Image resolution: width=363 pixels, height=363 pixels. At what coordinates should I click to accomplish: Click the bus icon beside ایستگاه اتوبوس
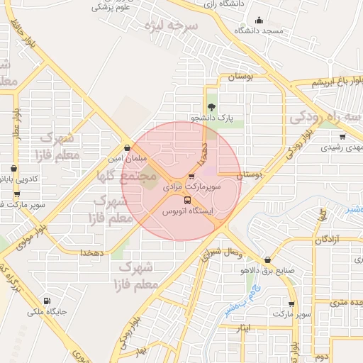[x=187, y=200]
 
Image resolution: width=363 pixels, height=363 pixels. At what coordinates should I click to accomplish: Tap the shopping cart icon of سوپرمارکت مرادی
[x=191, y=177]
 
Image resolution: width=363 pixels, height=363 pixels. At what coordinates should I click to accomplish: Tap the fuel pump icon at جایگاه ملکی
[x=47, y=300]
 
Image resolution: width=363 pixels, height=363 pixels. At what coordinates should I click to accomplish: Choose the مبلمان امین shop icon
[x=127, y=148]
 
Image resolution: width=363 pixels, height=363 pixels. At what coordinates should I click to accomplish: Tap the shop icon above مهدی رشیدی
[x=342, y=137]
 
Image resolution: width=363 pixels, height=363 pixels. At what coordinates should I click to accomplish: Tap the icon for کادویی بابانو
[x=14, y=169]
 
